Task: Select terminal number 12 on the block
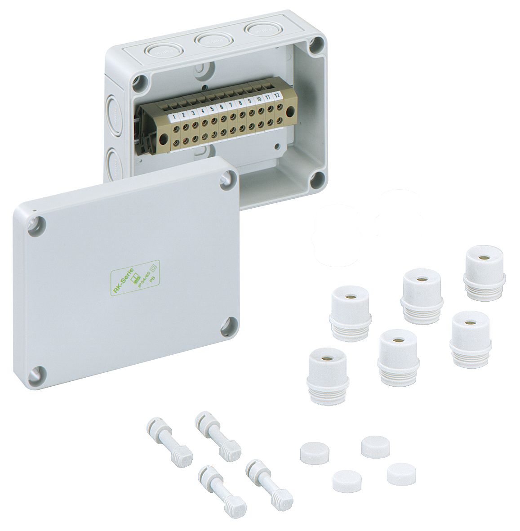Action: click(x=277, y=95)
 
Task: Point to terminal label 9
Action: click(x=249, y=102)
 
